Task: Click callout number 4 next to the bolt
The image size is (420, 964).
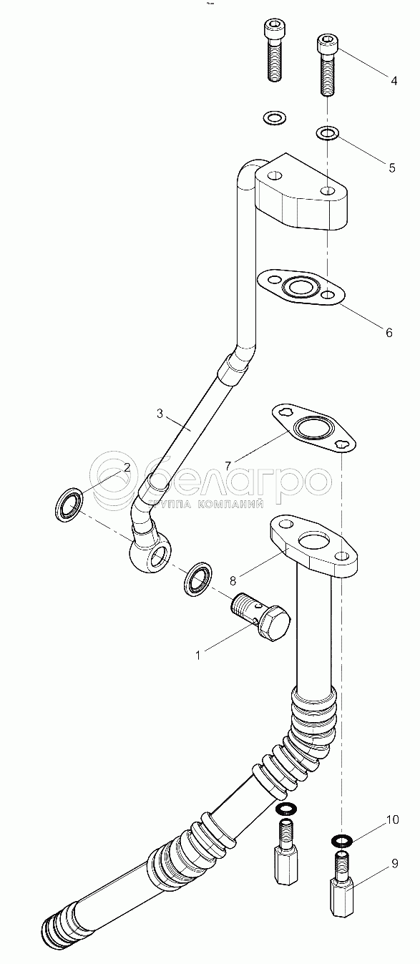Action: (394, 80)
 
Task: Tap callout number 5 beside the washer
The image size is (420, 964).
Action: (391, 167)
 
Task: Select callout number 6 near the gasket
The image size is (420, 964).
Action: (389, 332)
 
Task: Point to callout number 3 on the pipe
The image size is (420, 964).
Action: (160, 414)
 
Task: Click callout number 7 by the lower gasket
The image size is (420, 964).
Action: (228, 464)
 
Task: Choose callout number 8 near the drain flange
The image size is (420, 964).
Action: (233, 580)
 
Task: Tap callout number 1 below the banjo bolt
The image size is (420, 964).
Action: (198, 656)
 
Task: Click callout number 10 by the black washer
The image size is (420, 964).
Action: (392, 820)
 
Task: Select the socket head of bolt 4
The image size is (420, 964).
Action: (326, 44)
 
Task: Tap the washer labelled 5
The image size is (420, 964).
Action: (328, 132)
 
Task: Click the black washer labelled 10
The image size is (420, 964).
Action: (343, 839)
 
